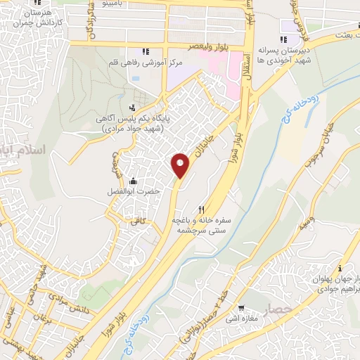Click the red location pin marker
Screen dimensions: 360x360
pos(181,165)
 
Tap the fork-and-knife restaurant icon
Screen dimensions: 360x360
pos(201,209)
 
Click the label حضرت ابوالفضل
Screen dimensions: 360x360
pos(138,192)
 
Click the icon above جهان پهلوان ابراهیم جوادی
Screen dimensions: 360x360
pos(340,267)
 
